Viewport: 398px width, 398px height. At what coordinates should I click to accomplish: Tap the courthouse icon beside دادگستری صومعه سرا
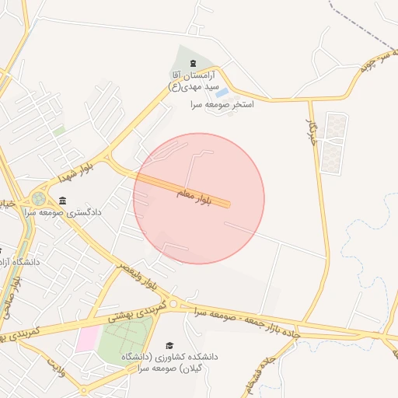click(61, 201)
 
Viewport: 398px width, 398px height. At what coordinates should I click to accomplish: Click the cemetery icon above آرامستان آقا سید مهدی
click(193, 63)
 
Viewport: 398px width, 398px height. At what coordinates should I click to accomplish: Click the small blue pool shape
click(222, 93)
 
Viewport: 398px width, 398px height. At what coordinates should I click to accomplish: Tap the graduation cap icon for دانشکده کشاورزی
click(169, 345)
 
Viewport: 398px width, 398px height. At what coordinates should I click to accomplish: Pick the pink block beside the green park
click(87, 340)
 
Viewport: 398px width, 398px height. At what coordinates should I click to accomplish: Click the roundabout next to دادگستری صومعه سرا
click(38, 200)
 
